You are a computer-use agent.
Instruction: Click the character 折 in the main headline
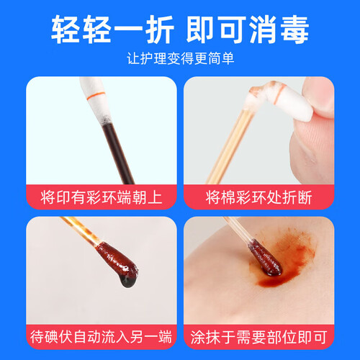click(160, 30)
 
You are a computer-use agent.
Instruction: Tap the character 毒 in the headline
click(294, 30)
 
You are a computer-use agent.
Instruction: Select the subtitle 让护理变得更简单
click(180, 58)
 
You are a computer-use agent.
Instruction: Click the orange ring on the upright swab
click(96, 96)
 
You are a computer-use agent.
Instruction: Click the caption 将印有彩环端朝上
click(102, 197)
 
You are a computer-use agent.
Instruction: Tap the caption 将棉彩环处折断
click(258, 197)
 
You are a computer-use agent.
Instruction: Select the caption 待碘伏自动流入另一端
click(102, 337)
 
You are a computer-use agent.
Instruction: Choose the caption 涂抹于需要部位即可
click(258, 337)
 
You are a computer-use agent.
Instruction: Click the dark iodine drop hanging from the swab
click(128, 281)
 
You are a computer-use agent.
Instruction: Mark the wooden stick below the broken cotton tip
click(229, 146)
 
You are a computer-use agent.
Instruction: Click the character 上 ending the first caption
click(155, 197)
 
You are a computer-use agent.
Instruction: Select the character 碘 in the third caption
click(52, 337)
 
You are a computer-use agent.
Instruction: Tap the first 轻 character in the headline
click(66, 30)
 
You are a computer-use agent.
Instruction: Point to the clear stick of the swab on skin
click(238, 228)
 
